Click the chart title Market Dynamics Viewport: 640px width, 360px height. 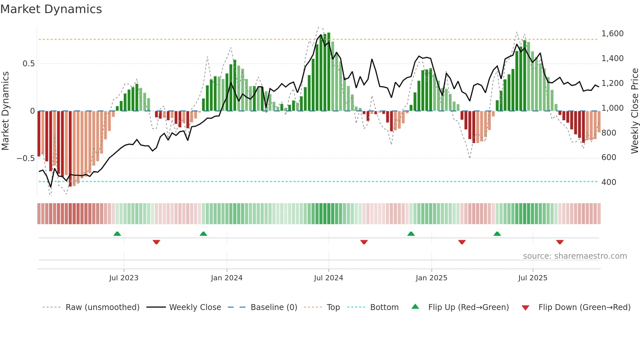pos(51,9)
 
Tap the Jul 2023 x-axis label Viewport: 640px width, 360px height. pos(124,278)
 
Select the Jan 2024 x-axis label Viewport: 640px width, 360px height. pos(227,278)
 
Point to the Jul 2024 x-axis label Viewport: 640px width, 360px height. pos(328,278)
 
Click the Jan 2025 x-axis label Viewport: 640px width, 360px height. pos(431,278)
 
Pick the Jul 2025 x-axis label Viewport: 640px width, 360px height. pos(533,278)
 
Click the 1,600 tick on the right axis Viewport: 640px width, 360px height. pos(612,34)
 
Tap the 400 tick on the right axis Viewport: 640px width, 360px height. pos(609,182)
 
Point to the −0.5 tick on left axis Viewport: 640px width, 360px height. pos(25,158)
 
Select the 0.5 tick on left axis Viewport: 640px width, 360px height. pos(28,64)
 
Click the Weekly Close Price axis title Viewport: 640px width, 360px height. pos(634,111)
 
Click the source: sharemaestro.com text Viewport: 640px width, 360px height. pos(575,256)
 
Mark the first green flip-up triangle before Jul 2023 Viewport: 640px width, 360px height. pos(117,234)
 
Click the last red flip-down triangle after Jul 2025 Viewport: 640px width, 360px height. pos(560,242)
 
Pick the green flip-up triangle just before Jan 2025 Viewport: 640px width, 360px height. pos(411,234)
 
